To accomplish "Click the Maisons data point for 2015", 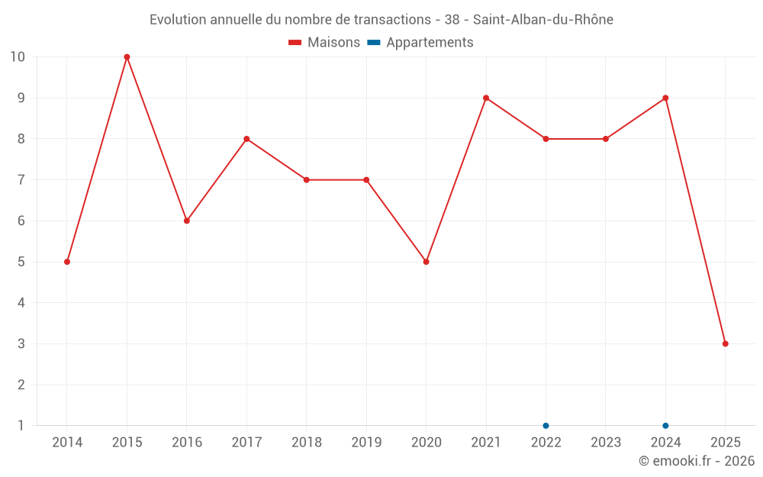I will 127,57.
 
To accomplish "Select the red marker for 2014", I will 67,262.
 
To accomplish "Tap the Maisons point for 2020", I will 426,262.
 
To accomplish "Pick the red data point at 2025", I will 725,343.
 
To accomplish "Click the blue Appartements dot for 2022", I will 546,425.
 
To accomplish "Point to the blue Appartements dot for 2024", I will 665,425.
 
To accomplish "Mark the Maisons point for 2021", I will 486,98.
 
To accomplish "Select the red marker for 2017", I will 246,139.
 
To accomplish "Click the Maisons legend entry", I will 324,43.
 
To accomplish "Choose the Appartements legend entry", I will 420,43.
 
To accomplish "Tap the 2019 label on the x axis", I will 366,442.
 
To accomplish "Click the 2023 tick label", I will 606,442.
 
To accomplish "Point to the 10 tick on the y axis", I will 18,57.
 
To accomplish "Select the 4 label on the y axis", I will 21,303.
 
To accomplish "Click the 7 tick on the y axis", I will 21,180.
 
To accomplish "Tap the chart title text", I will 381,20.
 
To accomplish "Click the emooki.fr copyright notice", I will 697,461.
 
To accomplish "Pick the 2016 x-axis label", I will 187,442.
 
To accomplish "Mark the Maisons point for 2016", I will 187,221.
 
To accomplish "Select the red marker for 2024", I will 665,98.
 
